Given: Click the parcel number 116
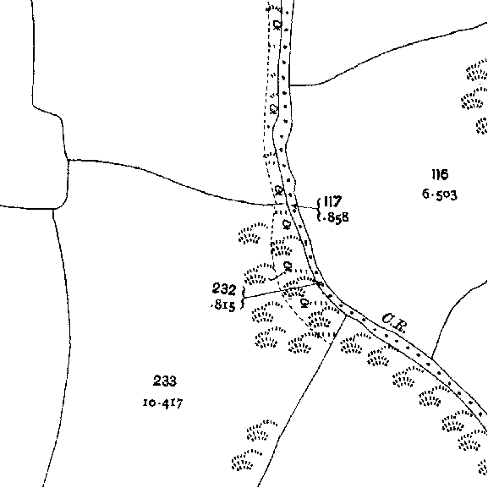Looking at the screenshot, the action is tap(440, 174).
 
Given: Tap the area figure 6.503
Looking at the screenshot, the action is tap(440, 195).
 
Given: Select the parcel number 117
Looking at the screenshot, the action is tap(332, 201).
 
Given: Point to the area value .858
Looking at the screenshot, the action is tap(336, 217).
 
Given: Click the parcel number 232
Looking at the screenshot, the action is tap(224, 289).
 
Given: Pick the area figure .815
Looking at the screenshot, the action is tap(222, 305).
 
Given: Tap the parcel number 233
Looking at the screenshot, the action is tap(165, 381).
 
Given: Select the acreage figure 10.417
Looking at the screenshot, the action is tap(162, 403).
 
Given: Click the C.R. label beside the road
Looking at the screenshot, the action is tap(394, 323).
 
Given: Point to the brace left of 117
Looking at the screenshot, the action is tap(318, 210).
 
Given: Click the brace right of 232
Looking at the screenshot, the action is tap(243, 298).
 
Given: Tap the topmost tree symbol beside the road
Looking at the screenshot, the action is tap(277, 25).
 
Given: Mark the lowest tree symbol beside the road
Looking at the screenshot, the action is tap(304, 303).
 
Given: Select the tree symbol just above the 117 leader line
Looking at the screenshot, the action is tap(279, 189).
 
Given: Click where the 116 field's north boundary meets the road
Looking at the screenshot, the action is tap(289, 85).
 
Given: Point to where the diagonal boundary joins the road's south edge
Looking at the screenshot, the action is tap(346, 315).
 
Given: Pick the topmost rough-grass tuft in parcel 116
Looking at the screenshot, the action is tap(478, 70).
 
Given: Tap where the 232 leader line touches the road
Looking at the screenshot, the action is tap(317, 283).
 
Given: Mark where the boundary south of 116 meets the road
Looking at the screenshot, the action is tap(431, 359).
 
